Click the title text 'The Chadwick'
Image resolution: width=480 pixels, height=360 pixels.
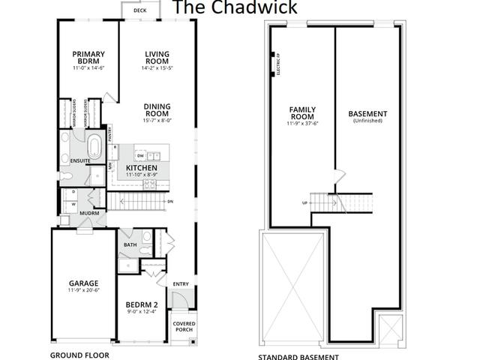[235, 8]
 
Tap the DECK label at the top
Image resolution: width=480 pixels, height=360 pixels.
[139, 11]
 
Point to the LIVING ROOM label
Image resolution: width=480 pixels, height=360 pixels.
[157, 58]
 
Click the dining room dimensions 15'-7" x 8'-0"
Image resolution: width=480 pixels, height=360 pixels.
[157, 120]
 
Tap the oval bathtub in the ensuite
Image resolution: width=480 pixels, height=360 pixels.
[95, 145]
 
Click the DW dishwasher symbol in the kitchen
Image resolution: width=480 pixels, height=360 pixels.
[140, 155]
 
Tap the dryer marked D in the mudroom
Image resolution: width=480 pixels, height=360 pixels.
[73, 192]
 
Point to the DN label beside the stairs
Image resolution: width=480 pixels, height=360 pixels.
[170, 202]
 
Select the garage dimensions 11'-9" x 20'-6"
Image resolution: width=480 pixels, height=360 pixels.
[83, 289]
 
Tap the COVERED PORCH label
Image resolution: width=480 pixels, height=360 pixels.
[184, 327]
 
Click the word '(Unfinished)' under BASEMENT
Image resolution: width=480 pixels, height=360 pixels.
[367, 121]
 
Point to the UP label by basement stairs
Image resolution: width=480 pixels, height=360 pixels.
[304, 203]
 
